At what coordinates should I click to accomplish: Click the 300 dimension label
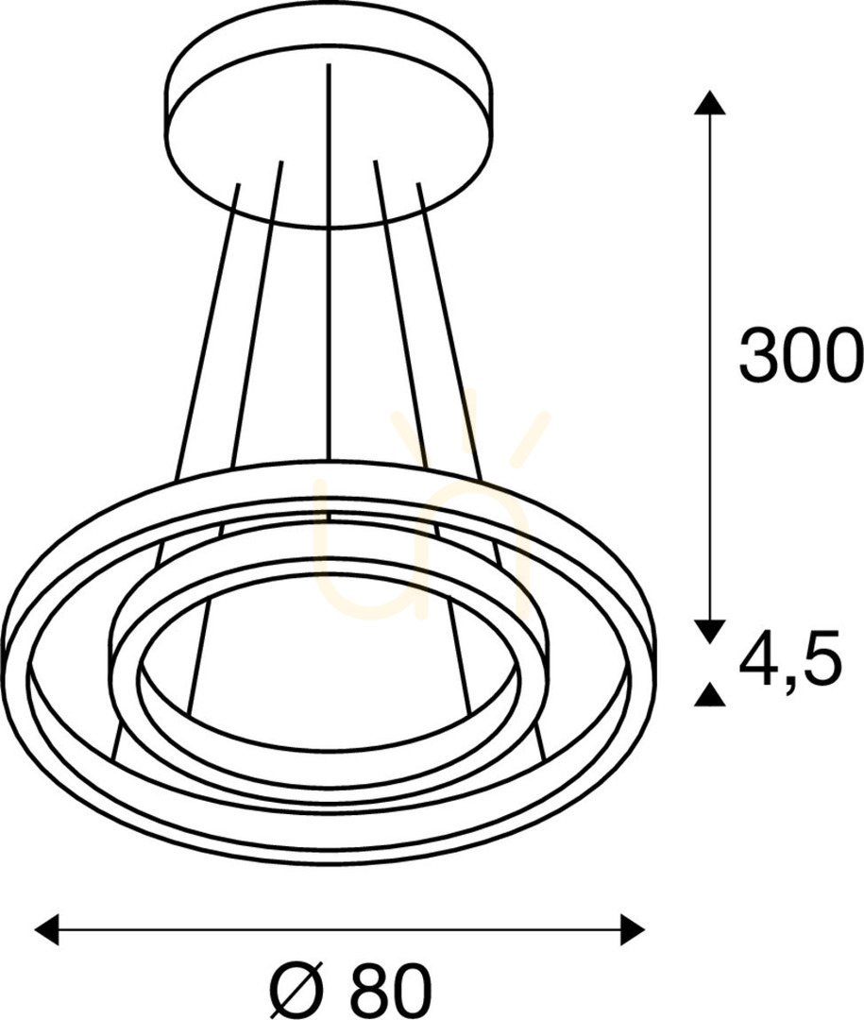[x=800, y=354]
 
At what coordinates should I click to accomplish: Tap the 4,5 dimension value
[x=790, y=660]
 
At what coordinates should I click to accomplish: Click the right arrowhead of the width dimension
[x=633, y=929]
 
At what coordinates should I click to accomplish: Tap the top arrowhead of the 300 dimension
[x=710, y=103]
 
